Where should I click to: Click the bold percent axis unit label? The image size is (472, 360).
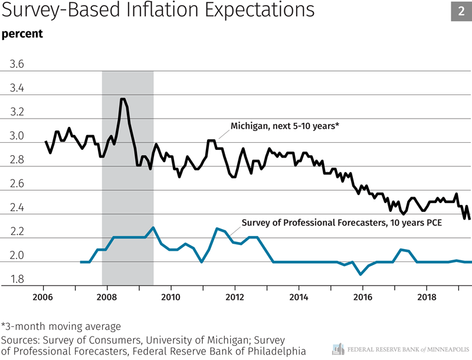(22, 34)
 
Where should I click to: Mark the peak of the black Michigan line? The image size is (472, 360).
(122, 99)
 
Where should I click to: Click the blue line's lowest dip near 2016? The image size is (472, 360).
(360, 274)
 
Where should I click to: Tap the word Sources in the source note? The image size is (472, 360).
(19, 340)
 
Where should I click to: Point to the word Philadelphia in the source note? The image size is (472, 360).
(277, 352)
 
